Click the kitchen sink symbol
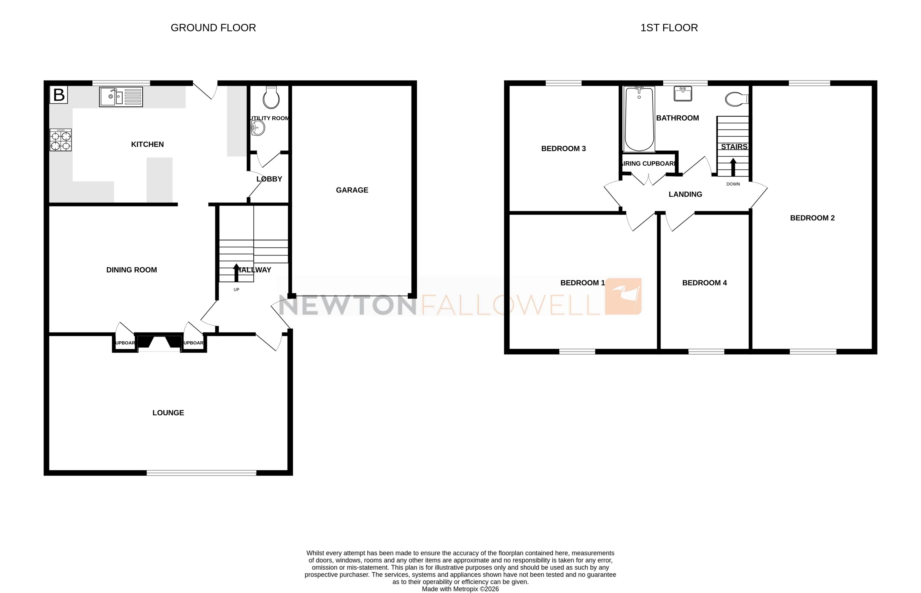[x=121, y=97]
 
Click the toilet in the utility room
[x=271, y=98]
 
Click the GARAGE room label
[x=352, y=190]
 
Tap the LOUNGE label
[x=168, y=413]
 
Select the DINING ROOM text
[x=132, y=270]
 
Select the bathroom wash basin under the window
[x=683, y=94]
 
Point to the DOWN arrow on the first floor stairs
[x=733, y=168]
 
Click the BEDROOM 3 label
[x=563, y=149]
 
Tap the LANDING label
[x=685, y=194]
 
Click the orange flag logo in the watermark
[x=623, y=296]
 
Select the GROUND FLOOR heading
[x=213, y=28]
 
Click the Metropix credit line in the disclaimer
[x=460, y=589]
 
